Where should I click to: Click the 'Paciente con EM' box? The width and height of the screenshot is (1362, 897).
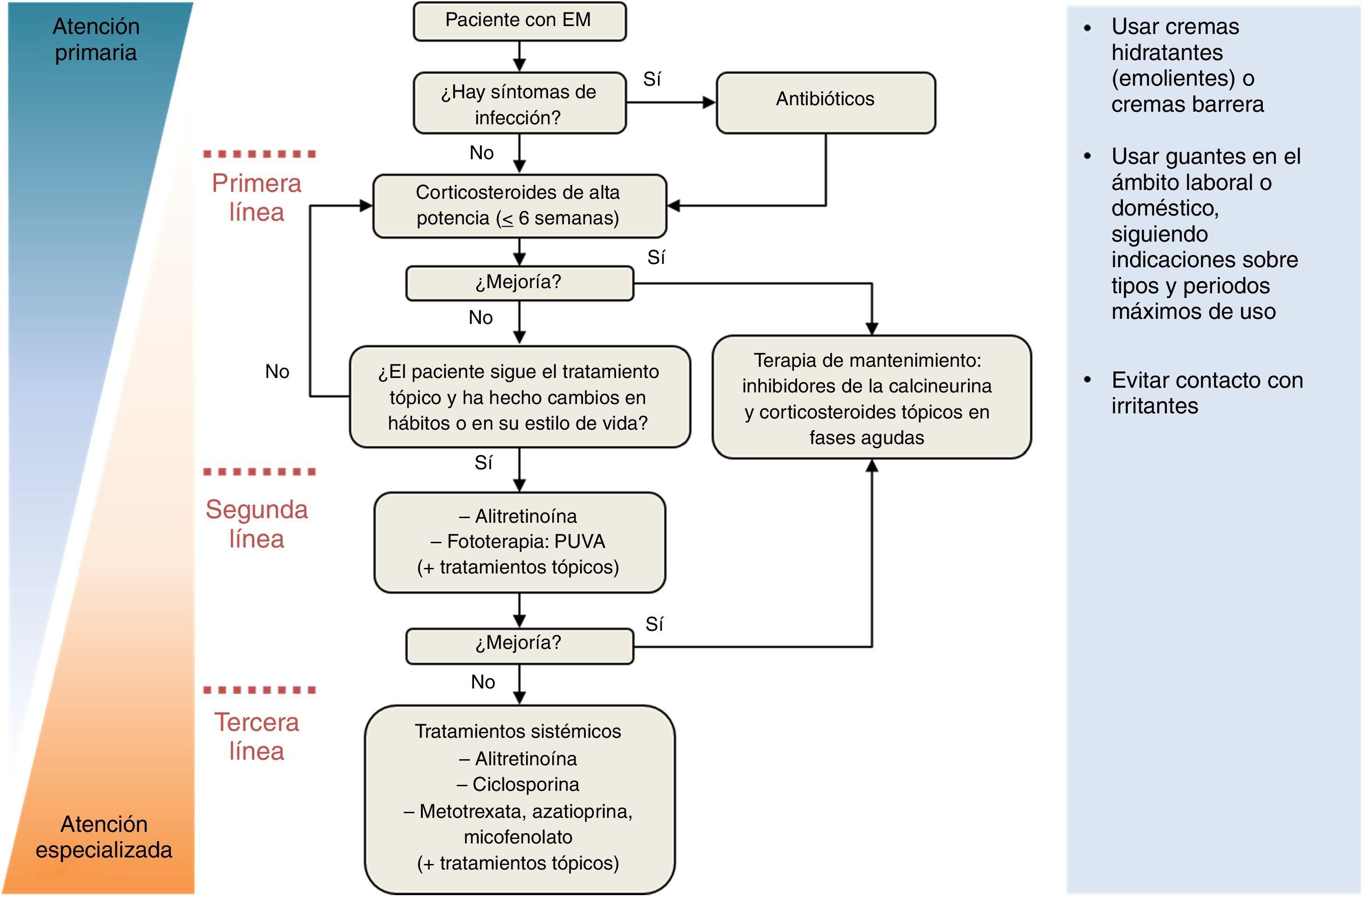click(x=519, y=21)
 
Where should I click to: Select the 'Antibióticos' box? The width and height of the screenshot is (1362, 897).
click(x=825, y=102)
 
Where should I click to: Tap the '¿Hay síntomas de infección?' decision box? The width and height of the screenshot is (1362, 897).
click(x=519, y=103)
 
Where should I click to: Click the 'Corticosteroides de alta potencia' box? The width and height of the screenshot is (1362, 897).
click(x=519, y=205)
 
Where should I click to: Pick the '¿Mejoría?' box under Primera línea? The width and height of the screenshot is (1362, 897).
click(x=519, y=283)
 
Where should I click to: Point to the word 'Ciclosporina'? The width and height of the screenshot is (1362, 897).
click(x=525, y=784)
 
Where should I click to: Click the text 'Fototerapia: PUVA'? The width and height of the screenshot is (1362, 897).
click(x=525, y=541)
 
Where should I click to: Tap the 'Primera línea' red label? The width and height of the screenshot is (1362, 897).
click(x=257, y=197)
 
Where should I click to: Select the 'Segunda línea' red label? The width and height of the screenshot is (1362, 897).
click(x=257, y=523)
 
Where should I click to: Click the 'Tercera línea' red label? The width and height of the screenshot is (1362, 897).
click(x=257, y=736)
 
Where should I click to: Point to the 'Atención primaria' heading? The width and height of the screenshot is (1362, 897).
click(x=96, y=39)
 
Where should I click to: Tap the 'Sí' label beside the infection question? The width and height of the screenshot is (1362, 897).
click(x=652, y=80)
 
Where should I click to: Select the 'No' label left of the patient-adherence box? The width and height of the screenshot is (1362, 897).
click(x=277, y=372)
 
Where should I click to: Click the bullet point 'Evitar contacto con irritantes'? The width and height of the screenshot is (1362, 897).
click(x=1206, y=393)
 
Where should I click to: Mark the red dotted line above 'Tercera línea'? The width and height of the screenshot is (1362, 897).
click(x=259, y=690)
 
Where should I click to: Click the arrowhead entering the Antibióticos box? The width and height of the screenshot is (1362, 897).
click(x=710, y=102)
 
